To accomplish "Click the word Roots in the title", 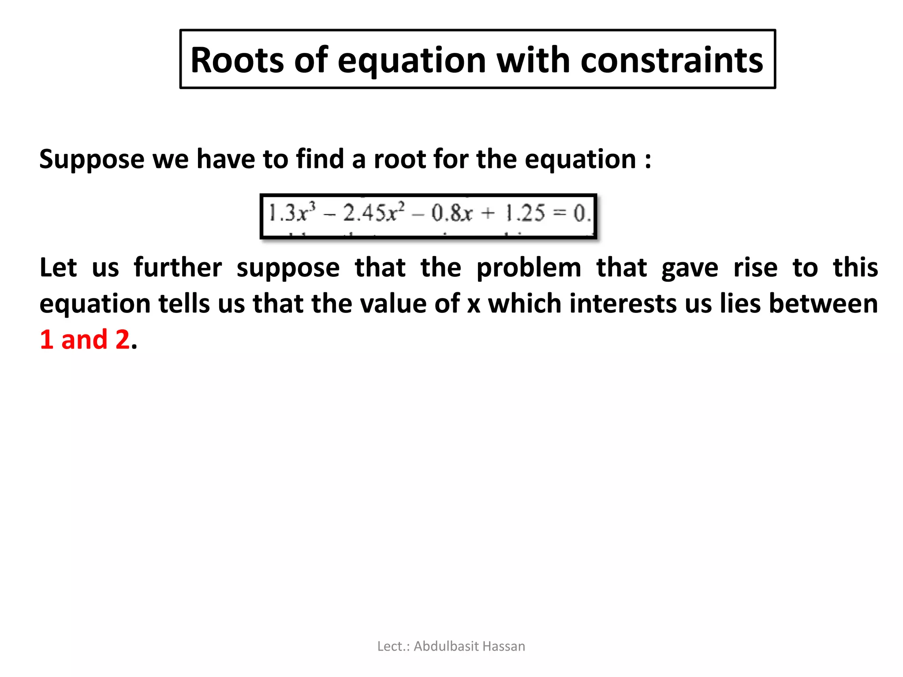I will coord(237,60).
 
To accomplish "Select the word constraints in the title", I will coord(672,60).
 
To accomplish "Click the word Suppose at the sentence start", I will coord(92,159).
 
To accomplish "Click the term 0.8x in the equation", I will coord(451,214).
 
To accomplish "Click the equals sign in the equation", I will coord(559,214).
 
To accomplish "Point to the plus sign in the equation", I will coord(488,214).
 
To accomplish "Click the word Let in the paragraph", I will coord(58,268).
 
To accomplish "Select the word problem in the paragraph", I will coord(529,268).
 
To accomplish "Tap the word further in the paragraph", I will coord(178,268).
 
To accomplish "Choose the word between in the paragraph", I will coord(823,304).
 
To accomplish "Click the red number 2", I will coord(122,340).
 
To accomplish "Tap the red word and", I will coord(84,340).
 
